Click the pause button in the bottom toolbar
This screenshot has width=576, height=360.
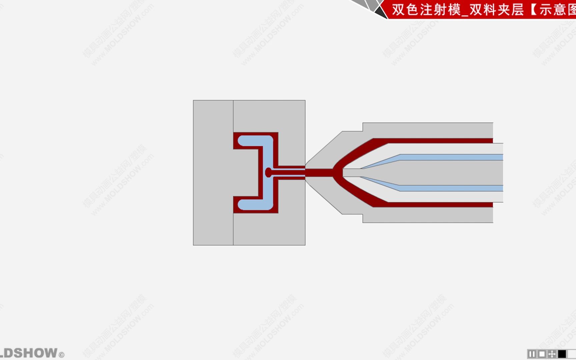point(532,354)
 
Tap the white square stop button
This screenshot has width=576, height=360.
point(542,354)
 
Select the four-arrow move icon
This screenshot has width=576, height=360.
point(552,354)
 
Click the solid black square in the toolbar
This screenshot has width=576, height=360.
point(562,354)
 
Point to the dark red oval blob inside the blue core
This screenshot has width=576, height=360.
point(268,172)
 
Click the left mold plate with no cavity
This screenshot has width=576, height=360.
point(213,173)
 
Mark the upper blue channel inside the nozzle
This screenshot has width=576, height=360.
point(450,157)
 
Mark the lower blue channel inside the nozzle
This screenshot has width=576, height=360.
point(450,188)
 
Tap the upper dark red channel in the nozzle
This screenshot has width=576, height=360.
point(433,141)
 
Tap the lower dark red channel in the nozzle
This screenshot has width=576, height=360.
point(433,204)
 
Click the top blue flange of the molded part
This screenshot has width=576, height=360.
point(253,141)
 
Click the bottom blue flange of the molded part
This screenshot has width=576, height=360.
point(253,204)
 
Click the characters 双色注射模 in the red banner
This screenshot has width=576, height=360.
point(425,10)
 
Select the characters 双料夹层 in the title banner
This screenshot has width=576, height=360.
point(497,10)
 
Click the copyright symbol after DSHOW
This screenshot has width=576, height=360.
point(61,355)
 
